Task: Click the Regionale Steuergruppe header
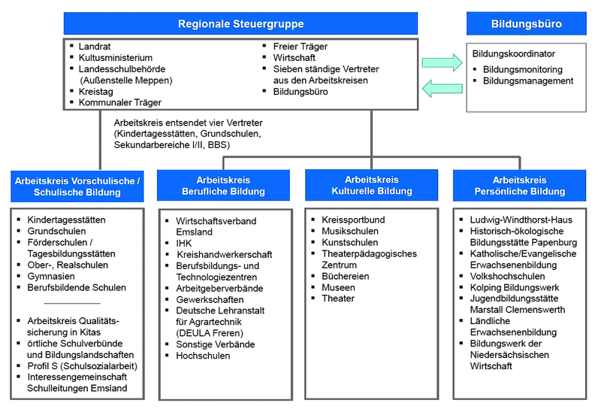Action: pyautogui.click(x=240, y=24)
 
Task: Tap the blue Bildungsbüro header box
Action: pyautogui.click(x=527, y=24)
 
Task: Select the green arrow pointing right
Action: pyautogui.click(x=442, y=62)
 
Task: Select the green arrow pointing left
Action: pyautogui.click(x=442, y=89)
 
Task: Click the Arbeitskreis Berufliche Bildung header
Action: pyautogui.click(x=223, y=186)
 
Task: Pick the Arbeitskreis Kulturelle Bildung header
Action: pyautogui.click(x=372, y=185)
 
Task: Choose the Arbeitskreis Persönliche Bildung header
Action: pyautogui.click(x=520, y=186)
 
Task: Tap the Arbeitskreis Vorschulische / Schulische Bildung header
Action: pyautogui.click(x=77, y=186)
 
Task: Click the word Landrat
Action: pyautogui.click(x=95, y=47)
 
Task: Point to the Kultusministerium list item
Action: pyautogui.click(x=116, y=58)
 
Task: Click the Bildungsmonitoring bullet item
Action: pyautogui.click(x=523, y=69)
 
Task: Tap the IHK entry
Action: pyautogui.click(x=184, y=244)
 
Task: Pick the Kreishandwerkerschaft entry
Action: pyautogui.click(x=225, y=254)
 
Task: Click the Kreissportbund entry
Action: pyautogui.click(x=353, y=220)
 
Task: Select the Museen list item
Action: pyautogui.click(x=339, y=287)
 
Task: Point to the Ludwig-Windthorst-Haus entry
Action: pyautogui.click(x=521, y=220)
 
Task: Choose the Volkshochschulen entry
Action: pyautogui.click(x=508, y=276)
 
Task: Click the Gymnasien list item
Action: pyautogui.click(x=51, y=276)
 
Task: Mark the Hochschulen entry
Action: pyautogui.click(x=203, y=356)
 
